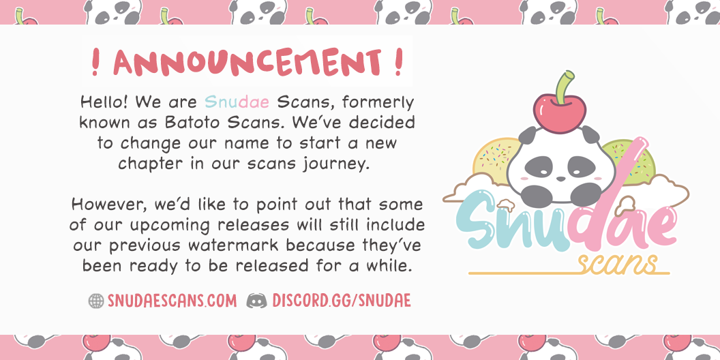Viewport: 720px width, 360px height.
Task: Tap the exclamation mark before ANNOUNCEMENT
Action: (x=95, y=63)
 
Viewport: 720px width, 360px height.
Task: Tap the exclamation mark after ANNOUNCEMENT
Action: (x=398, y=63)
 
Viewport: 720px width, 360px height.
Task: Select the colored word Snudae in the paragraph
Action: (x=237, y=102)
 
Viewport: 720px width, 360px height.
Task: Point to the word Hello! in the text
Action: (x=104, y=102)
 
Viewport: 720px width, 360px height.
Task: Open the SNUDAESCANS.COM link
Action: (x=172, y=301)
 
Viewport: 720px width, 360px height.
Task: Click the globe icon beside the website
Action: (x=96, y=301)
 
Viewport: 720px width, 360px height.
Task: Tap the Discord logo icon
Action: (x=256, y=301)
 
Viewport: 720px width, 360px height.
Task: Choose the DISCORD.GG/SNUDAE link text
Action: (x=341, y=301)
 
